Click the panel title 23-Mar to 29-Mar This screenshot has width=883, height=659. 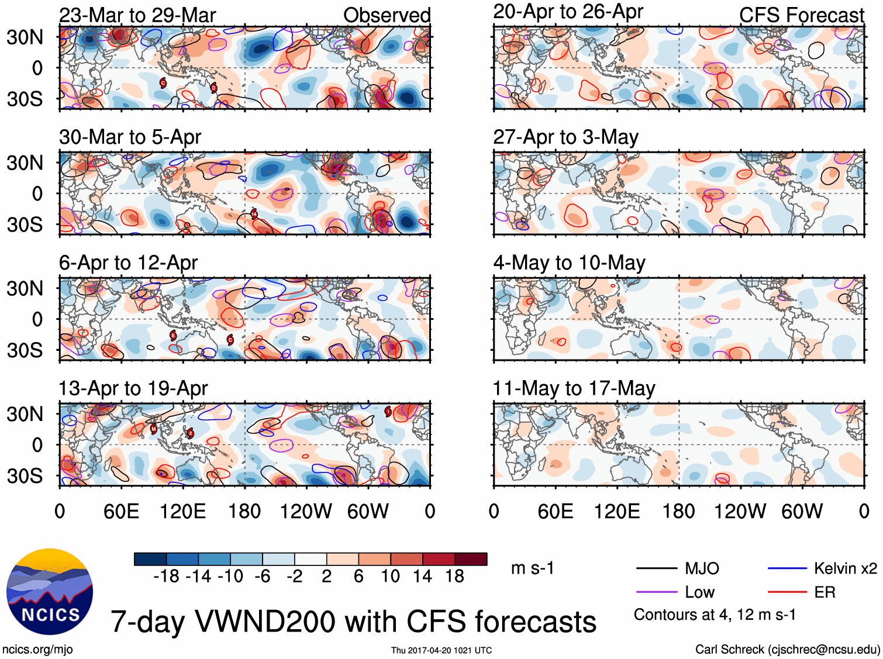click(x=137, y=15)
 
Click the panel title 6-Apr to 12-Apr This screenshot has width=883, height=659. click(x=128, y=263)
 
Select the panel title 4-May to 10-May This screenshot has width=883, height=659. click(x=569, y=263)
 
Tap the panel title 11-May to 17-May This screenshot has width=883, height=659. click(x=574, y=388)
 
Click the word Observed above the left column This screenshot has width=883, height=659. click(x=387, y=15)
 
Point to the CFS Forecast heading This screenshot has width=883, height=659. click(x=801, y=15)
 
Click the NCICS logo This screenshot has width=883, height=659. click(x=50, y=592)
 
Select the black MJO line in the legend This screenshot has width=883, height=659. click(x=656, y=568)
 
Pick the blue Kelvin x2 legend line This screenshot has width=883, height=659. click(x=787, y=568)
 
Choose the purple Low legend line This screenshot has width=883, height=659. click(x=656, y=592)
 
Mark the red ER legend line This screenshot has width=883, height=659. click(x=787, y=592)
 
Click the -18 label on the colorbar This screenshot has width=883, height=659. click(x=166, y=577)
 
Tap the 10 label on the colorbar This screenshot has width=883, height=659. click(x=390, y=577)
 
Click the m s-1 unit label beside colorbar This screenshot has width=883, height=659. click(x=532, y=568)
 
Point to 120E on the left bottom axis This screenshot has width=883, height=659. click(x=183, y=512)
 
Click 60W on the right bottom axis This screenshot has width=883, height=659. click(x=802, y=512)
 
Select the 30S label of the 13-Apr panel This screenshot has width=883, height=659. click(x=25, y=476)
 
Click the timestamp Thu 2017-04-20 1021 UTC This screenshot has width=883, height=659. click(x=442, y=650)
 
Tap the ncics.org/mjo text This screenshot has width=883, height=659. click(x=37, y=649)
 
